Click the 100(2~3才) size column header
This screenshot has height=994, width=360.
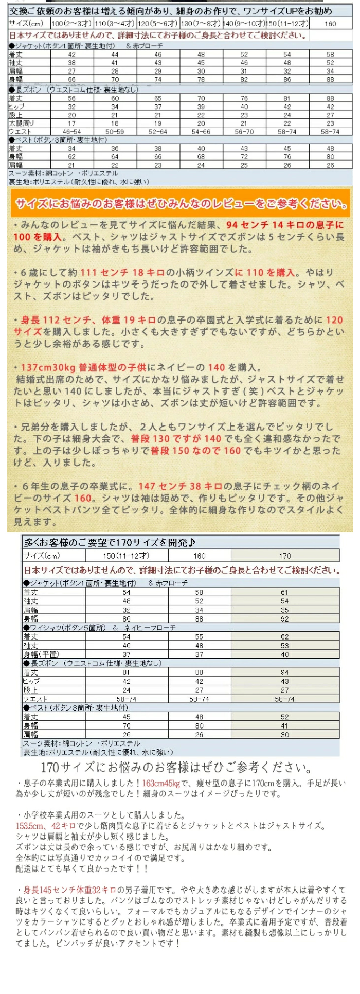coord(72,24)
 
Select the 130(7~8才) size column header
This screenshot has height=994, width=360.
coord(201,24)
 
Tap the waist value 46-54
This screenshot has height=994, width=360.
coord(72,132)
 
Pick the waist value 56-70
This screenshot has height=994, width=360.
coord(244,132)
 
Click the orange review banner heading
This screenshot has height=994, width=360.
coord(180,204)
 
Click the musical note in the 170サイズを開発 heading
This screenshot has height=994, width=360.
coord(191,542)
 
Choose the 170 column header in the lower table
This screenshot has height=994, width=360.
coord(285,556)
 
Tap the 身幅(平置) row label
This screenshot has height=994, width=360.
coord(41,654)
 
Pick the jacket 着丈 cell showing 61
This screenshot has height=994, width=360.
coord(284,592)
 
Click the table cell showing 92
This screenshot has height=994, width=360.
coord(284,619)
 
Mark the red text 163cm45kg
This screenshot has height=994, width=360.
coord(161,783)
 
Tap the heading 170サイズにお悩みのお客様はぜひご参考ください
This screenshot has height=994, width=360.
coord(176,768)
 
